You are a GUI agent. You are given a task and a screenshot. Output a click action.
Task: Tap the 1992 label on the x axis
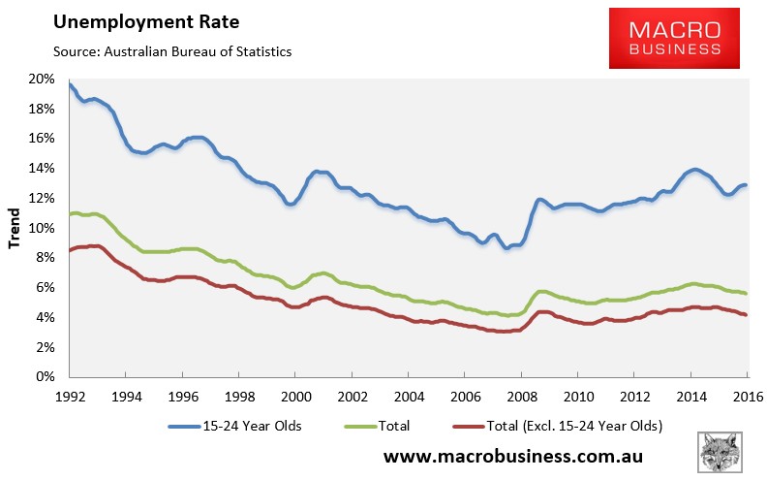click(x=70, y=397)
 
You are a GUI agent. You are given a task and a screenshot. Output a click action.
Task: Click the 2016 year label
click(x=747, y=397)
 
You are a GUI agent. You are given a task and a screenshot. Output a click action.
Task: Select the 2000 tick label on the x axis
click(x=295, y=397)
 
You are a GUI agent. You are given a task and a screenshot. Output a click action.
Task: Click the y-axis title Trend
click(x=15, y=229)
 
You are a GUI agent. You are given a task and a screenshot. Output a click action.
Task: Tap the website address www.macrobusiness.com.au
click(x=514, y=455)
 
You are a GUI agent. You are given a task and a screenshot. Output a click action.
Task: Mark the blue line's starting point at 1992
click(x=70, y=83)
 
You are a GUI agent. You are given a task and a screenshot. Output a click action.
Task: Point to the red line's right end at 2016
click(x=746, y=314)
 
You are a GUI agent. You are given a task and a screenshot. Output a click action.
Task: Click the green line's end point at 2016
click(x=746, y=293)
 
